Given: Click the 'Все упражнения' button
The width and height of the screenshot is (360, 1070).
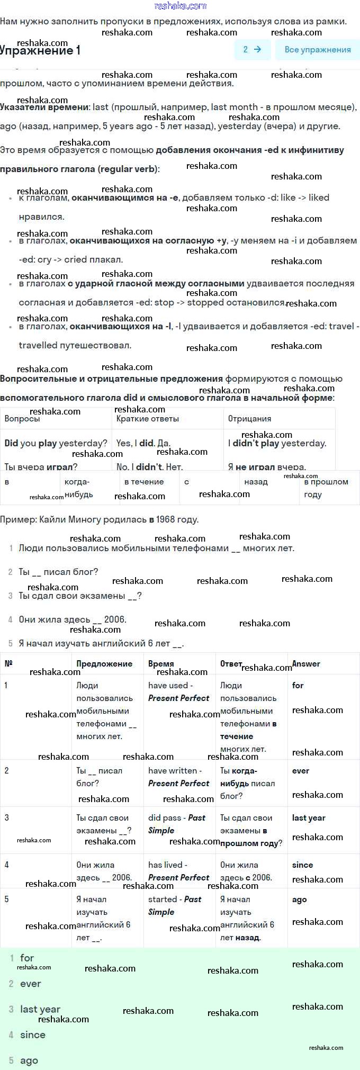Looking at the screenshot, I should (x=318, y=50).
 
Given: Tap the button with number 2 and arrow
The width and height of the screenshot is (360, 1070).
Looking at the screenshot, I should (x=252, y=50).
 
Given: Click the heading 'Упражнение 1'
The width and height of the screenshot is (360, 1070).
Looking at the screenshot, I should (x=40, y=51).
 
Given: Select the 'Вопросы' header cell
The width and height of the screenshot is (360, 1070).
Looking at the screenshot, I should (x=22, y=419).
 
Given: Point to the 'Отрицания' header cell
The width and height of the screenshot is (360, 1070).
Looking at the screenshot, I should (x=249, y=419).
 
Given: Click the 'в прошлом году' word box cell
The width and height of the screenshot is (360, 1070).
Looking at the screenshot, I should (x=326, y=488).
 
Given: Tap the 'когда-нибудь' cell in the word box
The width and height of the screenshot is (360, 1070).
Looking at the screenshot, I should (x=78, y=488).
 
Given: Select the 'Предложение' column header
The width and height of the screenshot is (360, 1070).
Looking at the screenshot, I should (x=104, y=664).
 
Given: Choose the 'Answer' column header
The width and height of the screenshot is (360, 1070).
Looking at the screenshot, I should (x=306, y=664).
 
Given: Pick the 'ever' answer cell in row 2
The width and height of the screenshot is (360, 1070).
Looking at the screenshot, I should (x=300, y=771).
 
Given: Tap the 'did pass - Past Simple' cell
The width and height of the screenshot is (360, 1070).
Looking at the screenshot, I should (x=177, y=824).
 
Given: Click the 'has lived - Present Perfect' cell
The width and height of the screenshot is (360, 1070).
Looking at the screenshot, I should (x=178, y=871).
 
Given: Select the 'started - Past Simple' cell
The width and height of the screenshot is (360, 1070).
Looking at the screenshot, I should (x=175, y=905).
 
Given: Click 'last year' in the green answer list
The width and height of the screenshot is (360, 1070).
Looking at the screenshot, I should (x=40, y=1009).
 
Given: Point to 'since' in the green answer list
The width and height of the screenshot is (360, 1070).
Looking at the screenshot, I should (x=33, y=1035).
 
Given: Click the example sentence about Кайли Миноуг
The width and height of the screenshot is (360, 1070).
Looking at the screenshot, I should (x=100, y=519).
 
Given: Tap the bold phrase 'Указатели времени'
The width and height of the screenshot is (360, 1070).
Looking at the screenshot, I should (x=44, y=107).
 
